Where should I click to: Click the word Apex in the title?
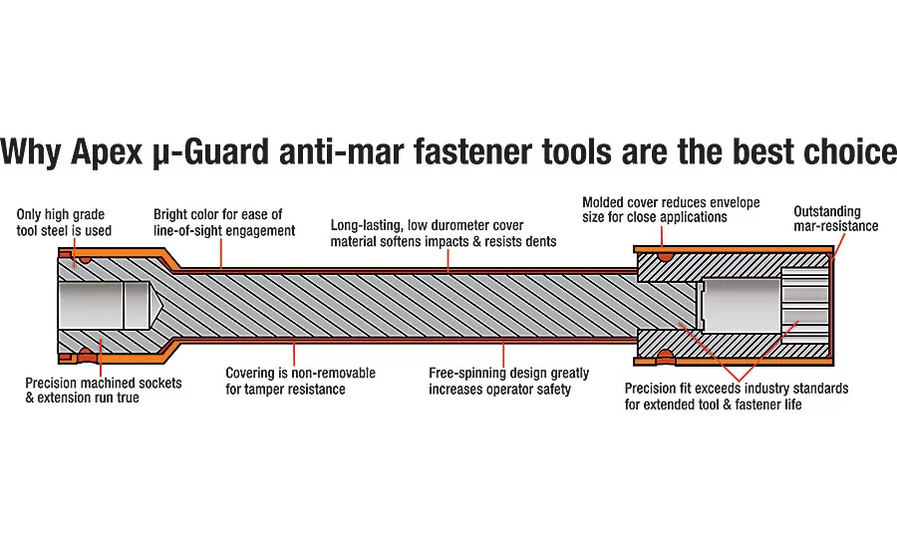pyautogui.click(x=107, y=151)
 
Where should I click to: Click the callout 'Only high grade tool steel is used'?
pyautogui.click(x=64, y=222)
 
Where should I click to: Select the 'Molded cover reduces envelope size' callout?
pyautogui.click(x=671, y=209)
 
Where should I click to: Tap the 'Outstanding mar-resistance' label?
pyautogui.click(x=836, y=218)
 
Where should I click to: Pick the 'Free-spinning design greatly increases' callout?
pyautogui.click(x=508, y=381)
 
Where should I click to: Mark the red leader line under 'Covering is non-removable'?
pyautogui.click(x=294, y=354)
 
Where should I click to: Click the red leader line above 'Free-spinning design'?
pyautogui.click(x=503, y=354)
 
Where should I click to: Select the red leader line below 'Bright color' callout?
pyautogui.click(x=221, y=253)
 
